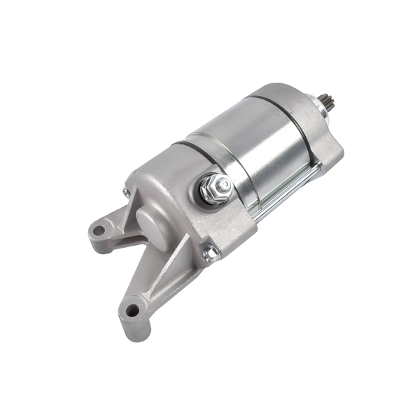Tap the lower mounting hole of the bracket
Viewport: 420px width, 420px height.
(x=132, y=309)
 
